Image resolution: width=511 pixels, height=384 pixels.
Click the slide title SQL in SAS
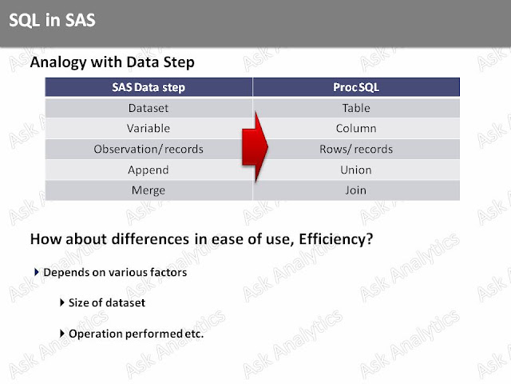pos(52,20)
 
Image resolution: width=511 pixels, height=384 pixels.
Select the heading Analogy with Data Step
pos(112,62)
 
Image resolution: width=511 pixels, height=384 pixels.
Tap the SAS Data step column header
pos(149,87)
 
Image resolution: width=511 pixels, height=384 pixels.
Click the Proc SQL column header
pos(356,87)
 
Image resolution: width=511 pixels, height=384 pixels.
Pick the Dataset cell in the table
pos(149,108)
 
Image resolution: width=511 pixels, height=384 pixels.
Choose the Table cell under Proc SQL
pos(356,108)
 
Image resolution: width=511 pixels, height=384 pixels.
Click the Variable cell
pos(149,128)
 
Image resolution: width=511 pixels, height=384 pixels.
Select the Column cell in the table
pos(356,128)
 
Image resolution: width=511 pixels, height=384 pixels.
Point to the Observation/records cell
pos(149,150)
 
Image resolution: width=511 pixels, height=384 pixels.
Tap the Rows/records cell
pos(356,150)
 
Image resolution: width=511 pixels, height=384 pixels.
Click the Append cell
pos(149,170)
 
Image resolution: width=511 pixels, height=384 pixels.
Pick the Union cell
pos(356,170)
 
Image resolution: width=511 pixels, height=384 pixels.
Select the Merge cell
pos(149,190)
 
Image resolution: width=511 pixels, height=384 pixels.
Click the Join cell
pos(356,190)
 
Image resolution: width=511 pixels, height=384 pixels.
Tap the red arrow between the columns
pos(255,147)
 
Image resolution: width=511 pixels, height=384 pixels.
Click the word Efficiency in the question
pos(336,239)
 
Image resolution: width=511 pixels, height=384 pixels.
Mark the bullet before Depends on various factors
pos(37,272)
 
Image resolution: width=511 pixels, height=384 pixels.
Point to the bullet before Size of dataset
pos(62,302)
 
